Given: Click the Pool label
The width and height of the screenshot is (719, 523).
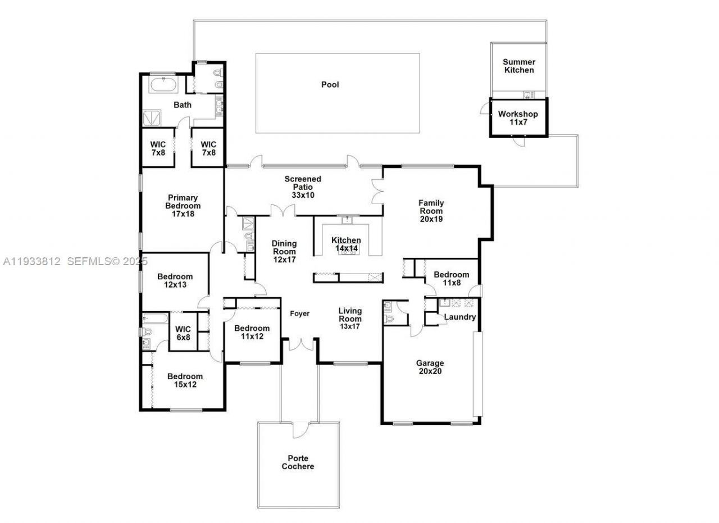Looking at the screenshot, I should (330, 85).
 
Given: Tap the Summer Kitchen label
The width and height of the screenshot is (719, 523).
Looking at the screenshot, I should (518, 66).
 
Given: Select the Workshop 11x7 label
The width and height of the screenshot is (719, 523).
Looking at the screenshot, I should (518, 118).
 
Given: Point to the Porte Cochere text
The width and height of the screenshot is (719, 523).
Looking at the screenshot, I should (298, 462).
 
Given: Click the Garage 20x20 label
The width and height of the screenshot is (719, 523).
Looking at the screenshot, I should (430, 367).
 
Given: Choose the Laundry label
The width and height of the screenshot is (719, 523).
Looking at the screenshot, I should (460, 317).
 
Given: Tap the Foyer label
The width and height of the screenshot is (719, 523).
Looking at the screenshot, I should (299, 314).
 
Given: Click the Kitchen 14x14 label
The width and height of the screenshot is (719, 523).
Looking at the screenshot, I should (346, 244).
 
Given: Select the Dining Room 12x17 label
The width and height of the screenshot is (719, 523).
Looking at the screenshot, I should (284, 252).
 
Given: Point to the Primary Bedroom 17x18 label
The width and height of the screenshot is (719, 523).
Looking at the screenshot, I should (183, 206).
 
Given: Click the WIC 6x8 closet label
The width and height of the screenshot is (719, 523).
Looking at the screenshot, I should (183, 333).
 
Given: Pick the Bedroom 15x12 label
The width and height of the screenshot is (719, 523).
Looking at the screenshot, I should (185, 380).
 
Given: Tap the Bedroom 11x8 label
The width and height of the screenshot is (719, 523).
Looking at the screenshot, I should (451, 279).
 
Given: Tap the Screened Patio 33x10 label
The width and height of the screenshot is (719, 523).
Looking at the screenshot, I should (302, 187).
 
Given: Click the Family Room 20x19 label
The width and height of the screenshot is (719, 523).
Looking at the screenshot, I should (431, 211).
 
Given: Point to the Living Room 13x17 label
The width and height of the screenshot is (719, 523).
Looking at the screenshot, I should (350, 319).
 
